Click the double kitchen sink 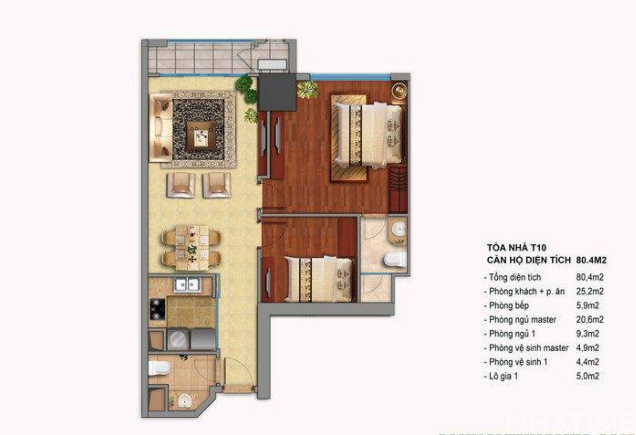(187, 285)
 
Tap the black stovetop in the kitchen (158, 309)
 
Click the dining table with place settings (191, 247)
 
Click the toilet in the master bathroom (395, 259)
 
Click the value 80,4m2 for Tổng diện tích (590, 277)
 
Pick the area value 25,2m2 (590, 291)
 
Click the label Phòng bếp (509, 305)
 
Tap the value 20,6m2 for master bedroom (590, 319)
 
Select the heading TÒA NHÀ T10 (516, 247)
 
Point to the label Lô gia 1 (504, 376)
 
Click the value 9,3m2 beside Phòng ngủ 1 (587, 334)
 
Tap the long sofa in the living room (160, 128)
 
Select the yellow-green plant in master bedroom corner (307, 89)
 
